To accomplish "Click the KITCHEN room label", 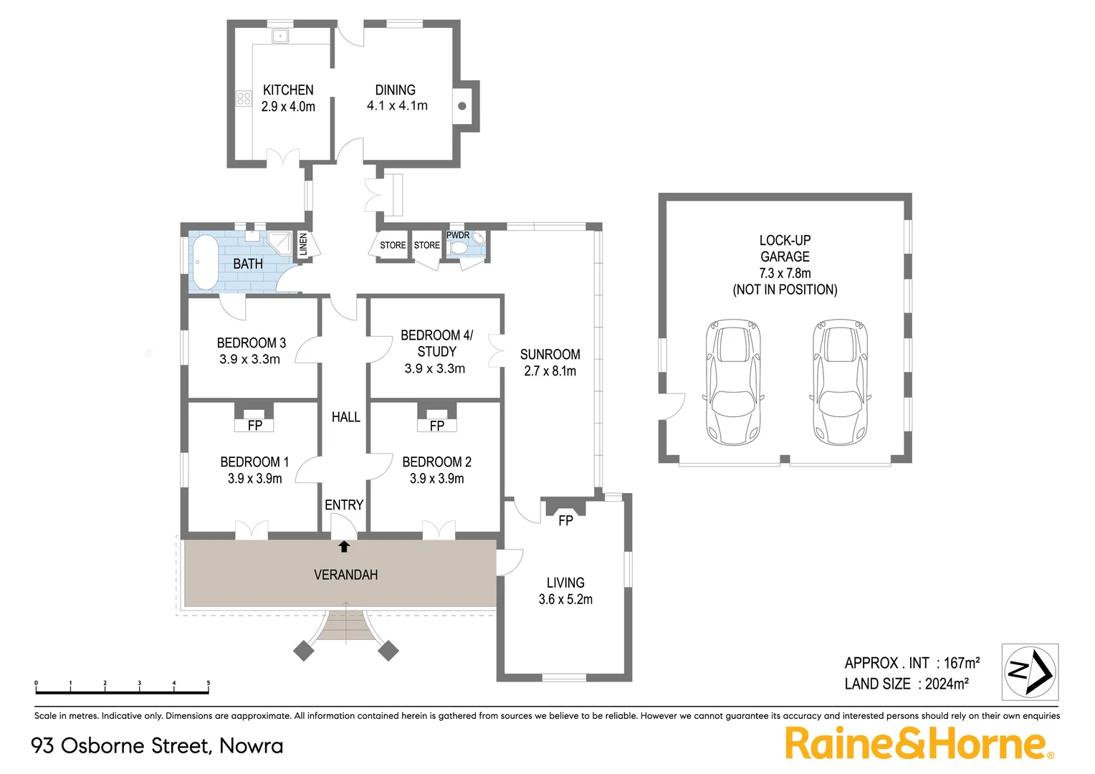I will click(x=288, y=90).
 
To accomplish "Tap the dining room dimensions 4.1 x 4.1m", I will click(x=397, y=106).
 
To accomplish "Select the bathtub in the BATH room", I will click(x=206, y=262).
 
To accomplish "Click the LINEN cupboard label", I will click(x=303, y=244).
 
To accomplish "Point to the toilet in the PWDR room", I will click(x=459, y=248).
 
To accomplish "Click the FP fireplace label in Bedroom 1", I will click(x=254, y=426).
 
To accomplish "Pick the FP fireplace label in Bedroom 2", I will click(x=436, y=426).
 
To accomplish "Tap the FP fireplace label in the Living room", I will click(x=565, y=521).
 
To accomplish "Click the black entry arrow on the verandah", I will click(x=344, y=547).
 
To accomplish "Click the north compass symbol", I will click(x=1030, y=672).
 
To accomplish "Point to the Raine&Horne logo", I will click(x=919, y=743).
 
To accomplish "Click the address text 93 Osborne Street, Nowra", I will click(x=157, y=746).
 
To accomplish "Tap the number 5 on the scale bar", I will click(x=209, y=684).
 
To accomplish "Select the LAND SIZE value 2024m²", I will click(x=946, y=684).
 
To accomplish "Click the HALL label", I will click(x=345, y=417).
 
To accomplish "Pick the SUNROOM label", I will click(x=550, y=355).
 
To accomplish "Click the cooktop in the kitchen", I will click(x=244, y=98).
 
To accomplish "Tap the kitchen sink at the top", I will click(x=279, y=35).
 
